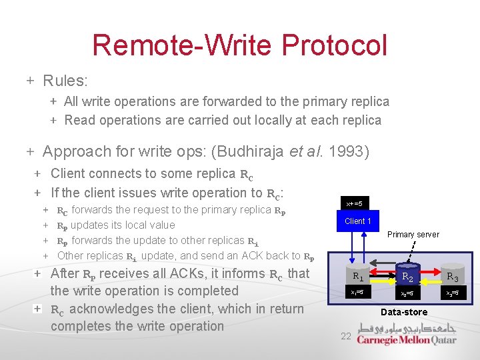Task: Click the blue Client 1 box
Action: [x=357, y=221]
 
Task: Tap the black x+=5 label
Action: [x=354, y=203]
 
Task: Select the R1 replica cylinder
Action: [x=357, y=275]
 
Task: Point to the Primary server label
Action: [x=413, y=235]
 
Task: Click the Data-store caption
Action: [x=404, y=312]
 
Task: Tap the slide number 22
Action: [x=345, y=336]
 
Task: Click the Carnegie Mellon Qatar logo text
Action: [x=406, y=340]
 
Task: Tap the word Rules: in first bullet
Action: [x=65, y=81]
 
